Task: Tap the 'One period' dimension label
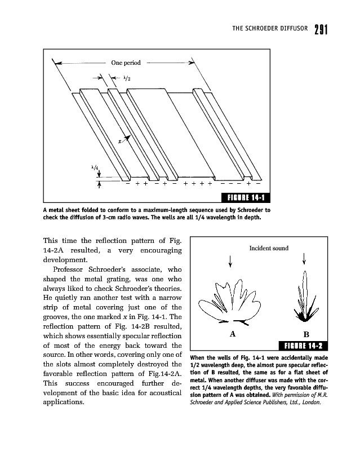point(126,63)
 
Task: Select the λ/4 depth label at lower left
point(95,167)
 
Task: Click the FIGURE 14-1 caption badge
point(247,197)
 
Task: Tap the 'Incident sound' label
point(269,247)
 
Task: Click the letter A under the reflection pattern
point(232,334)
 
